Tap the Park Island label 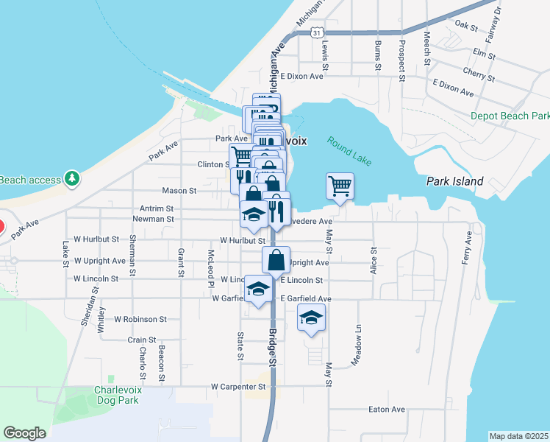pos(455,181)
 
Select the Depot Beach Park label pos(510,116)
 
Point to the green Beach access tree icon pos(71,178)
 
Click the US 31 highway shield pos(315,33)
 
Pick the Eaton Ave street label pos(387,410)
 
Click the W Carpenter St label pos(238,386)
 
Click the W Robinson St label pos(140,319)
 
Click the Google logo pos(24,433)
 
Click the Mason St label pos(179,190)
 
